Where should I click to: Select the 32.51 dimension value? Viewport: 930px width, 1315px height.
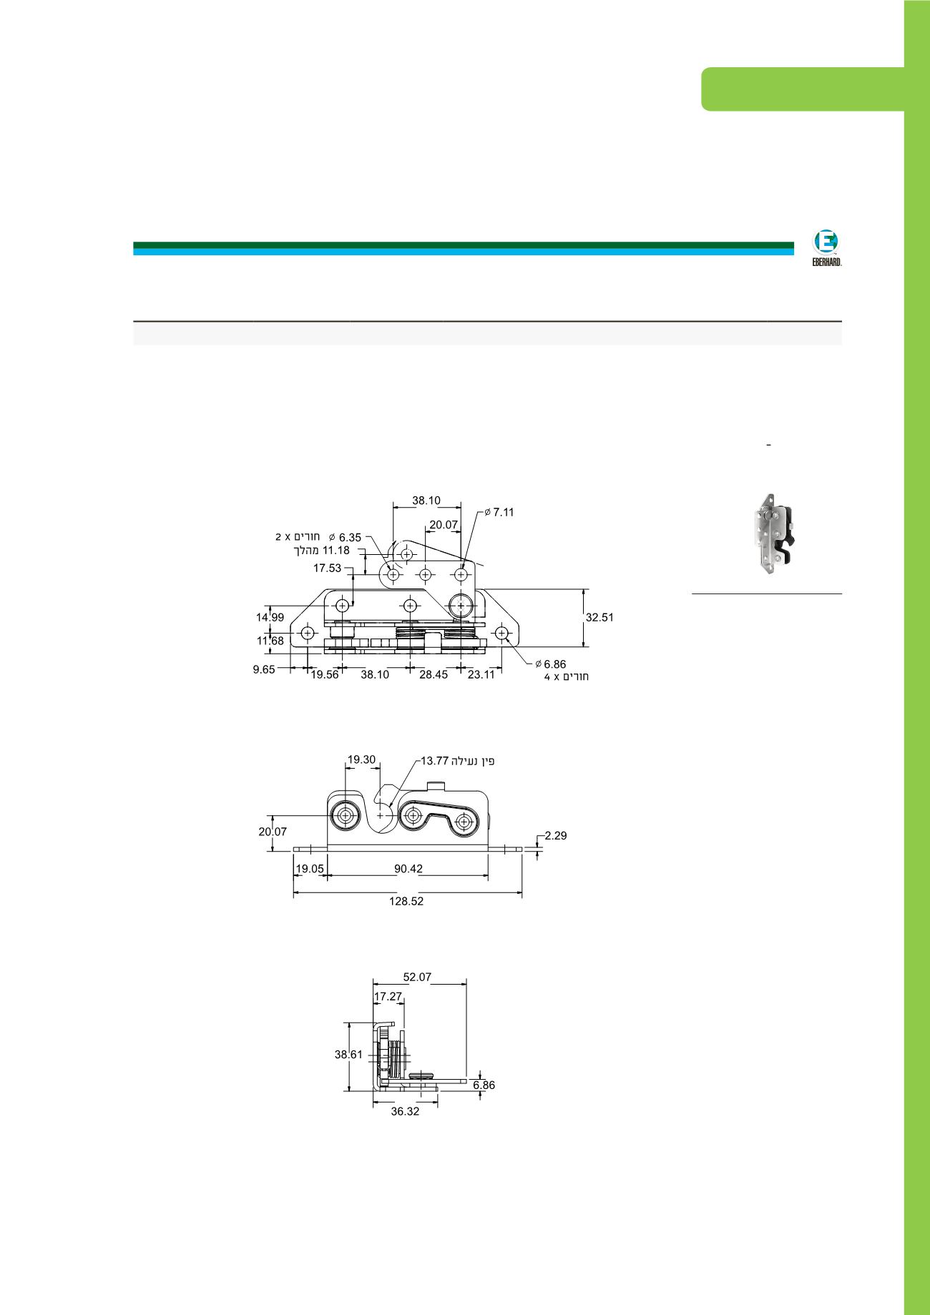[x=600, y=616]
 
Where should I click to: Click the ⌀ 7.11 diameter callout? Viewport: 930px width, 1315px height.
[x=499, y=512]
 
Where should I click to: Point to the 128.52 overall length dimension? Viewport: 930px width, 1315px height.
[x=406, y=901]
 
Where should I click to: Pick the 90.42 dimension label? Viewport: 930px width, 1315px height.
[x=408, y=868]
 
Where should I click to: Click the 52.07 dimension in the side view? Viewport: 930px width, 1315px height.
[x=417, y=977]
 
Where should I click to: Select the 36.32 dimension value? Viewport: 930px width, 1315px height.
[x=405, y=1112]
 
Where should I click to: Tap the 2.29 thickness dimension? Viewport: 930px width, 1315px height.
[x=555, y=835]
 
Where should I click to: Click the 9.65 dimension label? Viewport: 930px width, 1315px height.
[x=265, y=670]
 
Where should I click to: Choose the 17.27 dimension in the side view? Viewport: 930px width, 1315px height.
[x=388, y=995]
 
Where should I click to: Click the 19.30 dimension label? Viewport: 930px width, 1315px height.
[x=361, y=759]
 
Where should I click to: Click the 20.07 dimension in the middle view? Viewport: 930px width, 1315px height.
[x=272, y=832]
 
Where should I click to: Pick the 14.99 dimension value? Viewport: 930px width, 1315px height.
[x=270, y=616]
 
